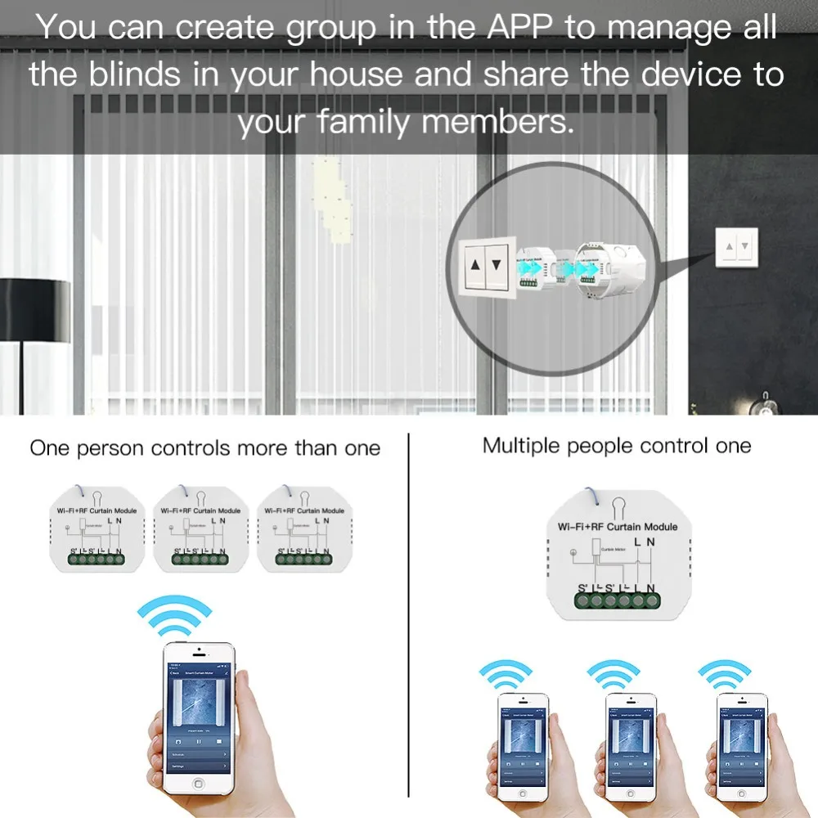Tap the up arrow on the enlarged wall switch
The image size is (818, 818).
coord(477,264)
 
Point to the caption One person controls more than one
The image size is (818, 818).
coord(204,448)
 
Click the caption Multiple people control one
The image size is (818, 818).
coord(616,446)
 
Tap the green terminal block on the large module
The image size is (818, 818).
coord(618,600)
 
